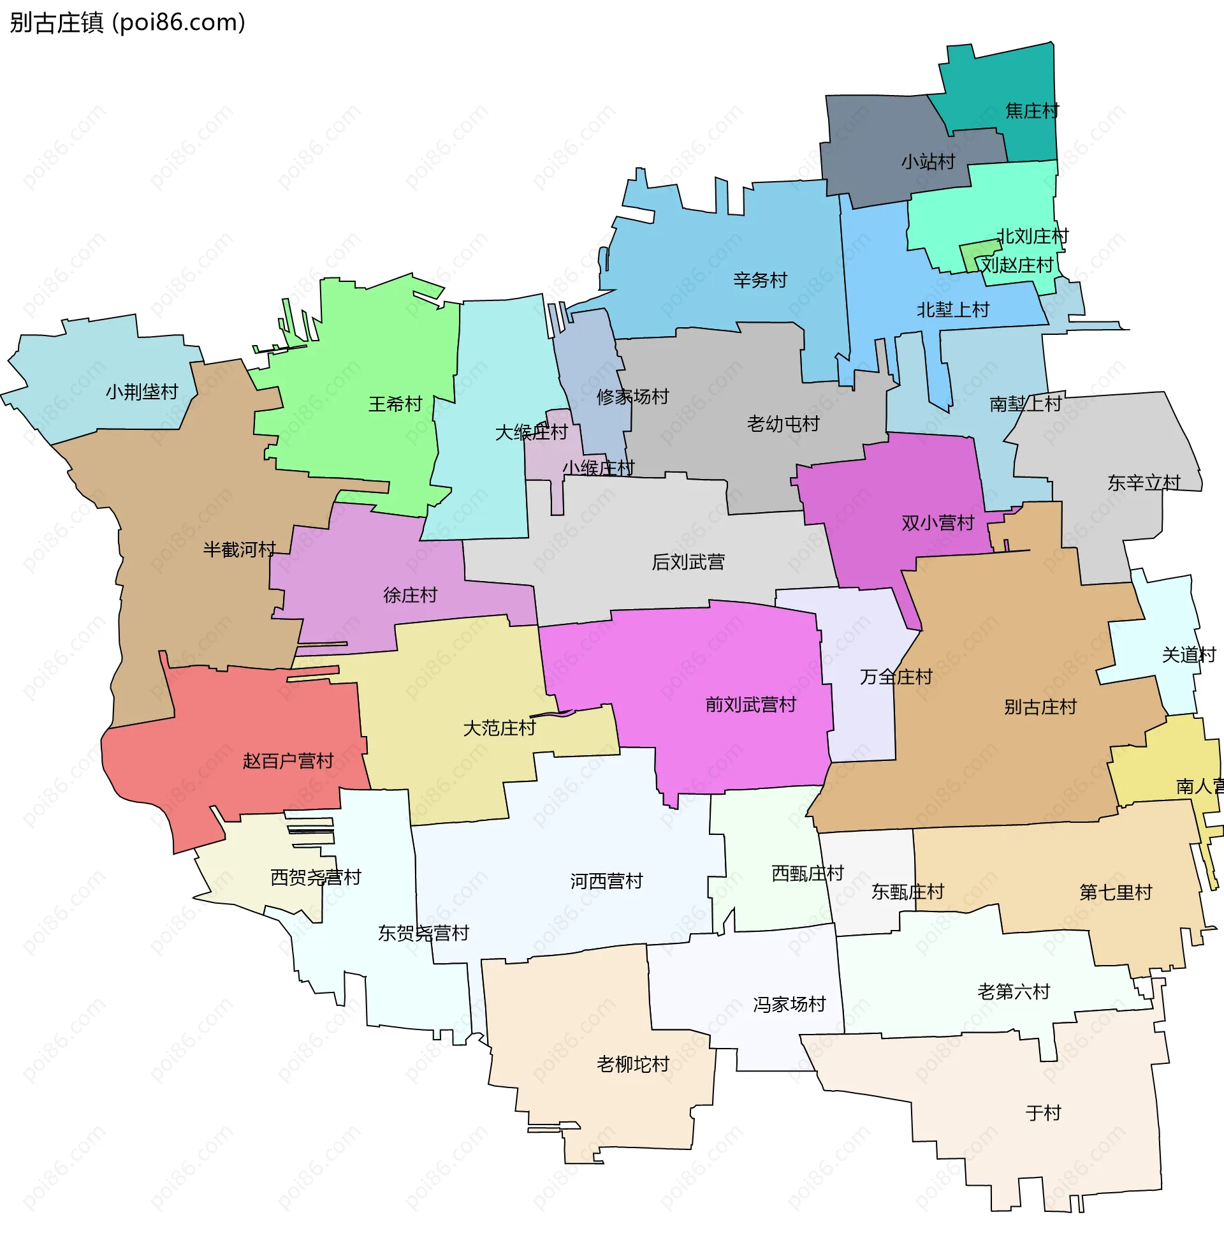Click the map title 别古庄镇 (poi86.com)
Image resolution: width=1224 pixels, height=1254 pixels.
pyautogui.click(x=127, y=22)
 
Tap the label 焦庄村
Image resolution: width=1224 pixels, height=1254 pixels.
pyautogui.click(x=1031, y=110)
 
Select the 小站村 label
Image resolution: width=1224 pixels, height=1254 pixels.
pyautogui.click(x=928, y=161)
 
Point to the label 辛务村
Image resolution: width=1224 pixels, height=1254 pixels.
pyautogui.click(x=760, y=281)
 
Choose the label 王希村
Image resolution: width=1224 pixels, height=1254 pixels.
pyautogui.click(x=395, y=404)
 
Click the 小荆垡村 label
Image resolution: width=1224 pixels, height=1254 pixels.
pyautogui.click(x=142, y=392)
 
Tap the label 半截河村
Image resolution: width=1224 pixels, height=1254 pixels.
pyautogui.click(x=239, y=550)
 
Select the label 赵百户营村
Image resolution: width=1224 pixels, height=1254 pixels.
pyautogui.click(x=288, y=762)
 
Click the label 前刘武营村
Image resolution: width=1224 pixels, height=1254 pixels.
pyautogui.click(x=750, y=705)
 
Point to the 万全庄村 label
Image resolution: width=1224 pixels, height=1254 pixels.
pyautogui.click(x=896, y=677)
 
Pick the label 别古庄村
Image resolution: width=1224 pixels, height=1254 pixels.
pyautogui.click(x=1040, y=707)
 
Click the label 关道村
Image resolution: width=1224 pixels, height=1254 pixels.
pyautogui.click(x=1188, y=655)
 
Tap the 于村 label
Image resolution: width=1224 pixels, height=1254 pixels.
pyautogui.click(x=1043, y=1112)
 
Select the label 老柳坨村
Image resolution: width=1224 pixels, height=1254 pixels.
pyautogui.click(x=632, y=1065)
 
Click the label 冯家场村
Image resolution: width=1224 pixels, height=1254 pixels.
pyautogui.click(x=789, y=1005)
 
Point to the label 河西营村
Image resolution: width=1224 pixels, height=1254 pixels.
pyautogui.click(x=606, y=881)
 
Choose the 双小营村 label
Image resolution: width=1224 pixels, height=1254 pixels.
pyautogui.click(x=937, y=523)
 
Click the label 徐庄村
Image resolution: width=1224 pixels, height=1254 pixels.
pyautogui.click(x=409, y=595)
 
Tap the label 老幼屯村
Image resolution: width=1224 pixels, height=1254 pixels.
pyautogui.click(x=782, y=424)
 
